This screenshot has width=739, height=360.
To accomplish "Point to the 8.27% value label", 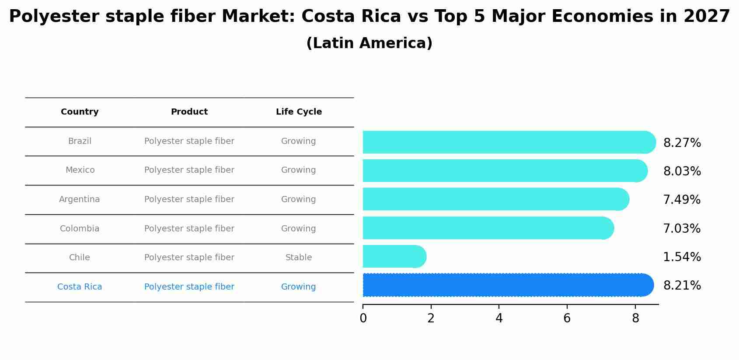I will [x=682, y=143].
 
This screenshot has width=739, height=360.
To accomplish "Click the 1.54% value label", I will [x=682, y=257].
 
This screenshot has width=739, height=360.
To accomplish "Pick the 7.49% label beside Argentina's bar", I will [x=682, y=200].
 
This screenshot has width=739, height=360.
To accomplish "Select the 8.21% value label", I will [x=682, y=286].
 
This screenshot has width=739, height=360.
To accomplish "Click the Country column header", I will [x=80, y=112].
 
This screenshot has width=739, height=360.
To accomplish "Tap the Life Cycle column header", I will [x=299, y=112].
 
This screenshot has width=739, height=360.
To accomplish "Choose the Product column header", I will [x=189, y=112].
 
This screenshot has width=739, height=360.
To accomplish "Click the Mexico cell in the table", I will [x=80, y=170].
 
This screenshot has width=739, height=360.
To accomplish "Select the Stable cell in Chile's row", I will [x=299, y=258].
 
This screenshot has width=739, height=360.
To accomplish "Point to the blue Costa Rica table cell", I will [x=80, y=287].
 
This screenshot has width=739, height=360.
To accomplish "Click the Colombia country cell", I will [x=80, y=229].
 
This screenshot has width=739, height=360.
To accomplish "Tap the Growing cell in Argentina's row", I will [x=298, y=199].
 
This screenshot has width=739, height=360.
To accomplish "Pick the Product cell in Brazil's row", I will [x=189, y=141].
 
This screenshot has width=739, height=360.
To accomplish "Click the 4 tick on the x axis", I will [x=499, y=318].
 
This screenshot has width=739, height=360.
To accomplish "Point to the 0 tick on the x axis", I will [x=363, y=318].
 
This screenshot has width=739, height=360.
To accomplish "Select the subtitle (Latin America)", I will [x=369, y=43].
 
